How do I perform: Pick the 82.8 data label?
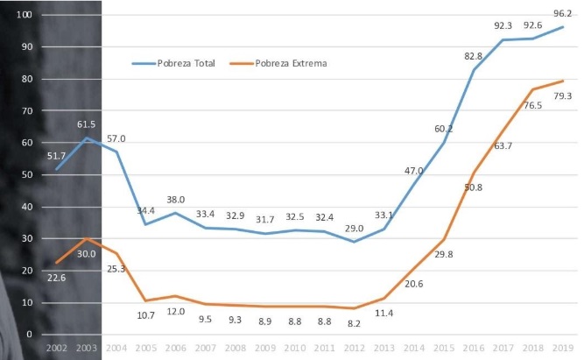point(473,57)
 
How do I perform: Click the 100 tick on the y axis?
point(24,15)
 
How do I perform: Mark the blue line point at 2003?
point(86,138)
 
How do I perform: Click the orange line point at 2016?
point(474,173)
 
